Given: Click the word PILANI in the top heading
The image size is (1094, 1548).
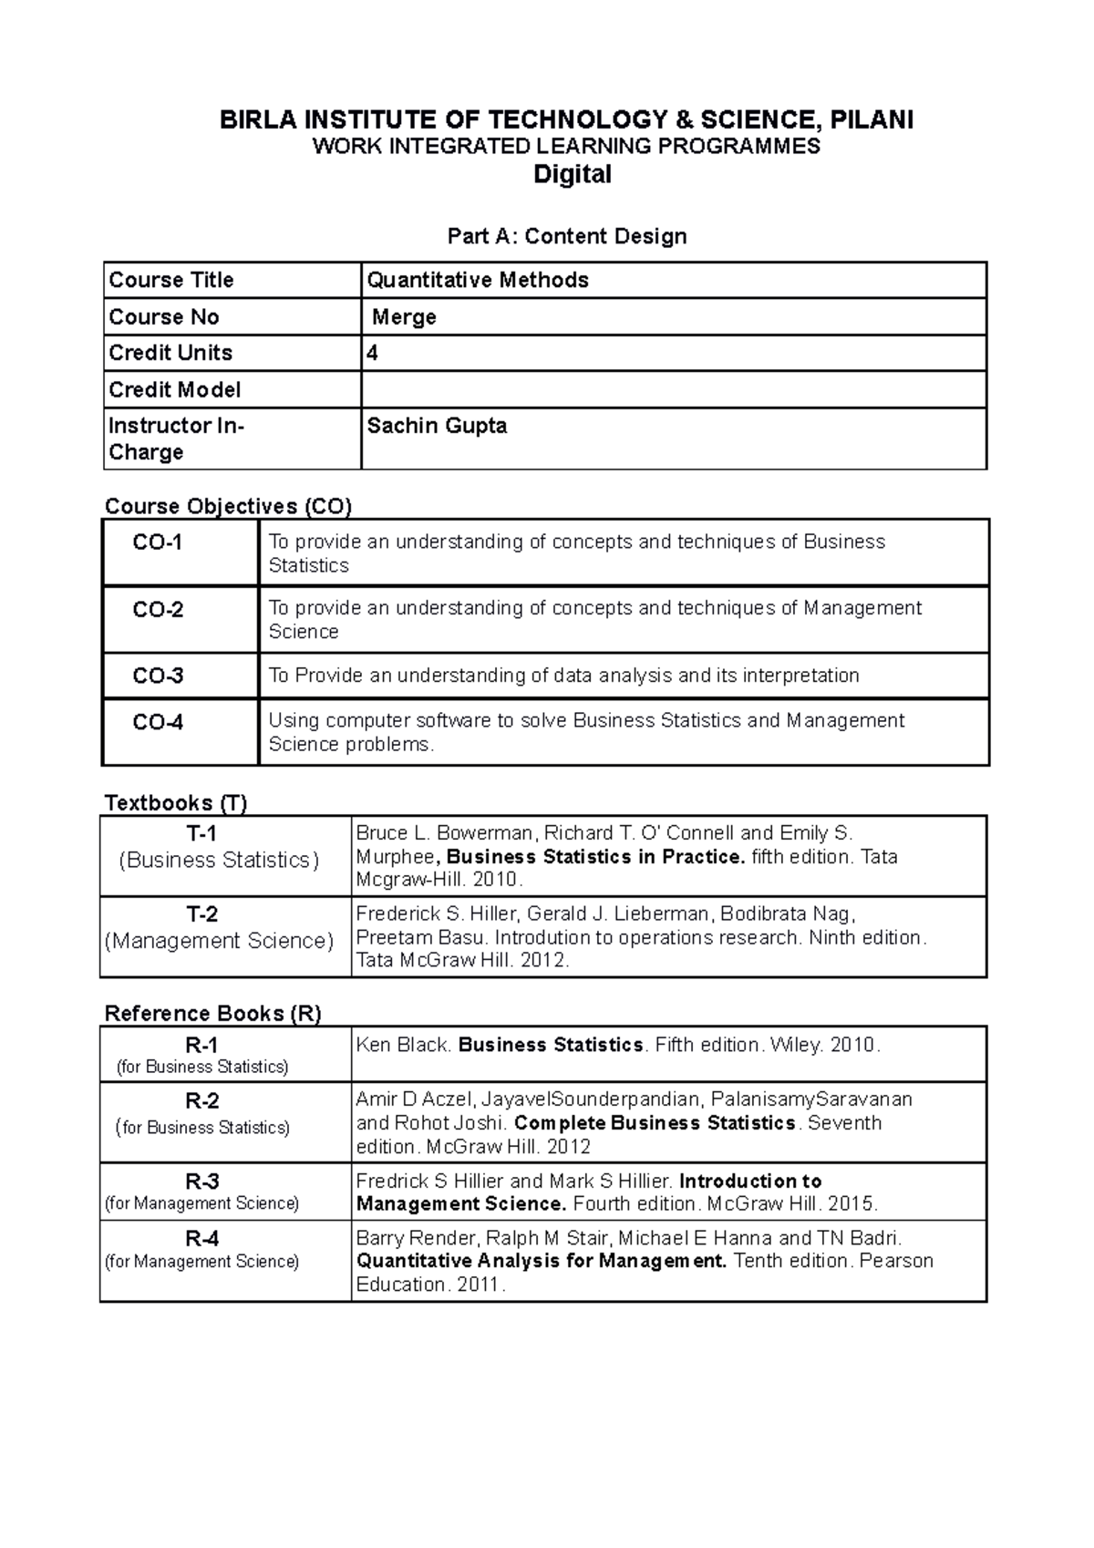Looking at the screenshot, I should (871, 119).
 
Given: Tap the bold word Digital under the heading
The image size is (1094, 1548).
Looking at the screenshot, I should (572, 174).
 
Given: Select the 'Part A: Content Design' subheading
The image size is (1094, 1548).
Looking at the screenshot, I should (566, 236).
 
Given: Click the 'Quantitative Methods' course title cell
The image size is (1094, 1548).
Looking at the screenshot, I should (478, 280).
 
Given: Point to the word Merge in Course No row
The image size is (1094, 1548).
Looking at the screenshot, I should (404, 317).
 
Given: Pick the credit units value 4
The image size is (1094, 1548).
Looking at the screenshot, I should (372, 353).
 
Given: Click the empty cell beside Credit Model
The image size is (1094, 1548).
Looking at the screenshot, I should (673, 389).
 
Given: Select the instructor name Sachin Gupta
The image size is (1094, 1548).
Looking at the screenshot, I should (437, 426).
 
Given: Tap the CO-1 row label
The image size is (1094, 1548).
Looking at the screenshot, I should (158, 542).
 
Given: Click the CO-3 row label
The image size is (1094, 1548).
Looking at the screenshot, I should (158, 676).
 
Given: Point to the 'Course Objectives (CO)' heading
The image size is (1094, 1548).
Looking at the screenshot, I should (228, 506).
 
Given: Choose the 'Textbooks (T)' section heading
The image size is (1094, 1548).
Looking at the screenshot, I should (176, 802).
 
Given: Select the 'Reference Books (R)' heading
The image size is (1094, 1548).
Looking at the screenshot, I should (212, 1013).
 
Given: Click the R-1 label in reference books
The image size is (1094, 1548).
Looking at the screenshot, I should (201, 1045).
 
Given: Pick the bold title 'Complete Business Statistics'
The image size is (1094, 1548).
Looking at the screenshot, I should (655, 1123).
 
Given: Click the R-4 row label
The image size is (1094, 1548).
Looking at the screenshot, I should (201, 1239).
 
